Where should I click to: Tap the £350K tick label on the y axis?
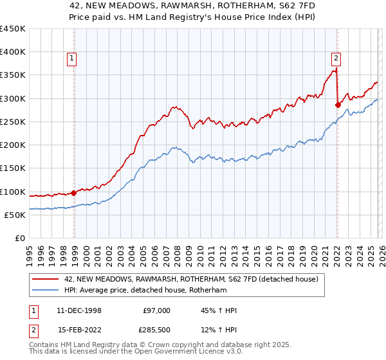click(x=13, y=75)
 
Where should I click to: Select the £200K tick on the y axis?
click(x=13, y=145)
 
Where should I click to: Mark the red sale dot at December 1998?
click(x=74, y=192)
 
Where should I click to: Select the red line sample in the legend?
click(x=46, y=279)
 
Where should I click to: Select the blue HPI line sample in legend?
click(x=46, y=290)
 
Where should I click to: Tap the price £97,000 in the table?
click(x=156, y=310)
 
